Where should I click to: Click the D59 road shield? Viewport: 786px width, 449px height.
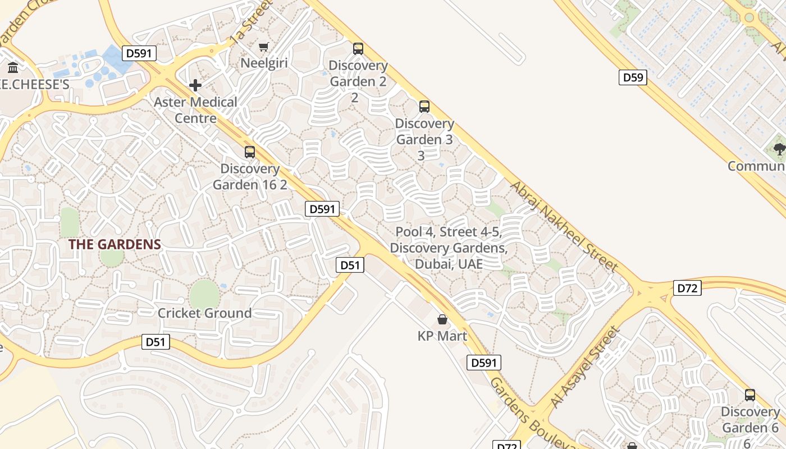pyautogui.click(x=633, y=77)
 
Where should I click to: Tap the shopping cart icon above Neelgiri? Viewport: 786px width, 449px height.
pyautogui.click(x=263, y=47)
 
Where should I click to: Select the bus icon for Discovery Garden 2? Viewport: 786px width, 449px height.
pyautogui.click(x=358, y=49)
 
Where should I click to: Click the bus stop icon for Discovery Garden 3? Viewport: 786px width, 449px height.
pyautogui.click(x=424, y=107)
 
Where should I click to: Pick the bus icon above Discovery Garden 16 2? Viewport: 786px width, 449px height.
pyautogui.click(x=250, y=152)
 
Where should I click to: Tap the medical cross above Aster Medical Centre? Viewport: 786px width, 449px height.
pyautogui.click(x=195, y=85)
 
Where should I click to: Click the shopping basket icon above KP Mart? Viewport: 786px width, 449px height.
pyautogui.click(x=442, y=319)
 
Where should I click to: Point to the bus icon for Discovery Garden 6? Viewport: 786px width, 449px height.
pyautogui.click(x=750, y=395)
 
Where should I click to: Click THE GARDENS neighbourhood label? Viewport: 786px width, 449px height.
pyautogui.click(x=115, y=245)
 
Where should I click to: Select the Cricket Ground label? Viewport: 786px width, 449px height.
pyautogui.click(x=204, y=313)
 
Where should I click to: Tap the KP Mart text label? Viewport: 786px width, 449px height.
pyautogui.click(x=442, y=336)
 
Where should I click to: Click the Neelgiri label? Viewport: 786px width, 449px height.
pyautogui.click(x=264, y=63)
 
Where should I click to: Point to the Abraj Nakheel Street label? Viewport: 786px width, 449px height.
pyautogui.click(x=564, y=227)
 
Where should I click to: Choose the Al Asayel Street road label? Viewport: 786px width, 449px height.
pyautogui.click(x=584, y=367)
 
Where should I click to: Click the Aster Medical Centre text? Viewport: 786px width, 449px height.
pyautogui.click(x=195, y=110)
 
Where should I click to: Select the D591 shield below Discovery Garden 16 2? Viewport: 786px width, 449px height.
pyautogui.click(x=322, y=209)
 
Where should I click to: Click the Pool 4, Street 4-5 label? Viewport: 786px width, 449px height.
pyautogui.click(x=449, y=248)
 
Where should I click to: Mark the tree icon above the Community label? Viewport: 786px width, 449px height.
pyautogui.click(x=779, y=149)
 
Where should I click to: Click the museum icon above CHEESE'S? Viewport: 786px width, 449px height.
pyautogui.click(x=13, y=68)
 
